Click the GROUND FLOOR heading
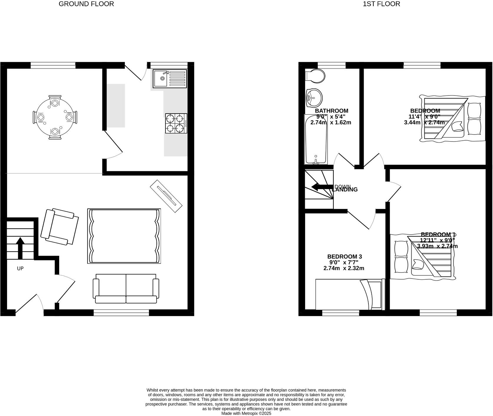pos(86,4)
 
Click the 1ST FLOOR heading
pos(381,4)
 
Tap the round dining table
pos(55,117)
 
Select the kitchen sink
pos(162,78)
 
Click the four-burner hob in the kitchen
pos(176,123)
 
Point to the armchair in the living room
pos(60,226)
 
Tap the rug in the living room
pos(124,236)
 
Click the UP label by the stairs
pos(20,269)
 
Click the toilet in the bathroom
pos(315,76)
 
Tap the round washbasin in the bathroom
pos(314,97)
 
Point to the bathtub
pos(316,139)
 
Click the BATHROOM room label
pos(331,111)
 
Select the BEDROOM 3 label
pos(344,256)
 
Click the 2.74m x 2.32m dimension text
pos(344,268)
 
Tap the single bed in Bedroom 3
pos(350,294)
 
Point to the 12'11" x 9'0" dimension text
pos(437,240)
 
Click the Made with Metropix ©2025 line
pos(246,413)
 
